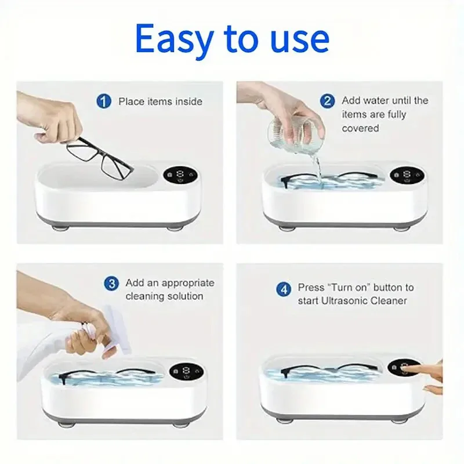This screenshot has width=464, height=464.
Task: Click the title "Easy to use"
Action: [x=232, y=38]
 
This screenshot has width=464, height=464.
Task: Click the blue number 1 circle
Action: [x=103, y=101]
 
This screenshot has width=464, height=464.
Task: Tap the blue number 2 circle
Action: [x=328, y=100]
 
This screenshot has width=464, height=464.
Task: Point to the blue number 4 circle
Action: [x=284, y=288]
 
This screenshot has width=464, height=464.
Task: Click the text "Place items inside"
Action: [x=160, y=101]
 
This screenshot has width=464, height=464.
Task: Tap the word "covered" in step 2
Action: [x=360, y=128]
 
